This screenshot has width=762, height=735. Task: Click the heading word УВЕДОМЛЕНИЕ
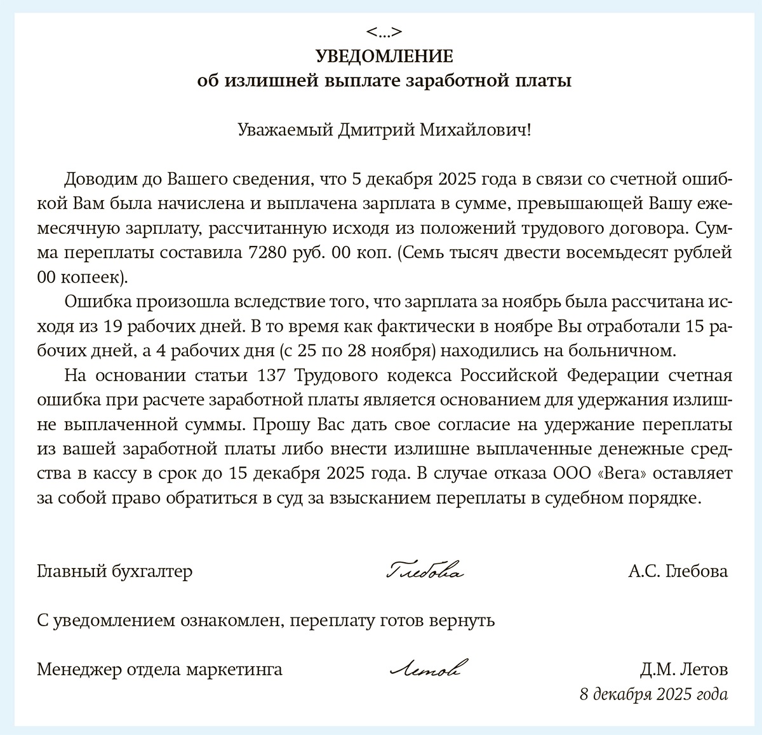pyautogui.click(x=384, y=57)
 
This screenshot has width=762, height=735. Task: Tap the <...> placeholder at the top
pyautogui.click(x=384, y=32)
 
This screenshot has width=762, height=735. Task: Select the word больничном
pyautogui.click(x=620, y=350)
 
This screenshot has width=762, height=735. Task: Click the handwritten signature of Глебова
pyautogui.click(x=424, y=571)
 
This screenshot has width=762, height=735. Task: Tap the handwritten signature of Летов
pyautogui.click(x=425, y=669)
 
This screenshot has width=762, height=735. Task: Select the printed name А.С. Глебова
pyautogui.click(x=678, y=571)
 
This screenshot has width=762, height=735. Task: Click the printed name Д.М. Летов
pyautogui.click(x=684, y=670)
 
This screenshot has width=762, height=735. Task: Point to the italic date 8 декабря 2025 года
pyautogui.click(x=653, y=694)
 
